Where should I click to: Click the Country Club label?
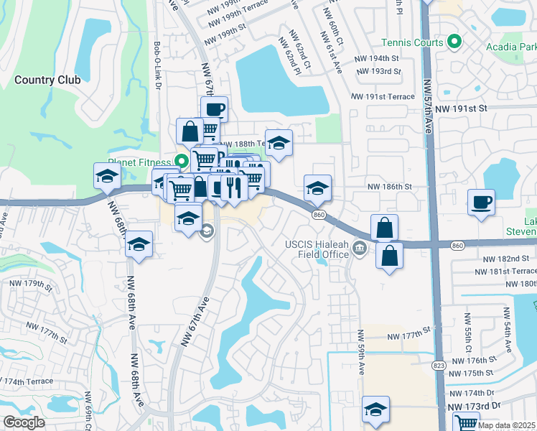tap(47, 80)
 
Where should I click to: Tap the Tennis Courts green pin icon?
tap(453, 42)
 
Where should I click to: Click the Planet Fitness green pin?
tap(182, 161)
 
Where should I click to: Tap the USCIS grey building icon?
tap(360, 249)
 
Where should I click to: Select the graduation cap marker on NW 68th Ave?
tap(139, 244)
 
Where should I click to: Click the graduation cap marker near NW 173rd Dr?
tap(375, 409)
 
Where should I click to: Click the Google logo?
tap(24, 422)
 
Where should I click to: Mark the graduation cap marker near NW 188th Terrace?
tap(279, 142)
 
